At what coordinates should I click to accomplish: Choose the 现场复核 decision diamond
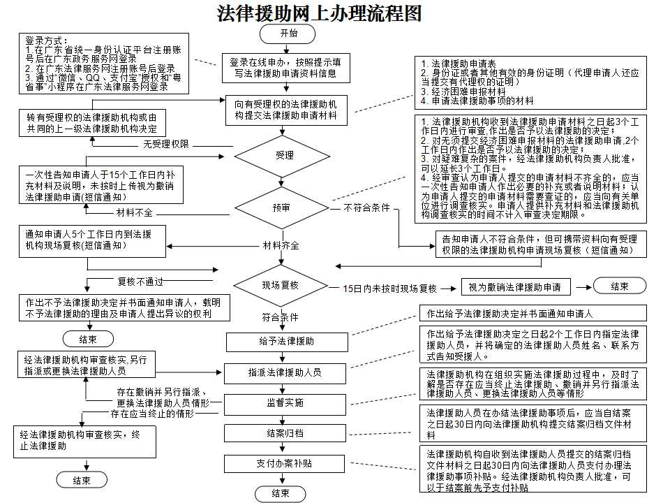click(x=281, y=285)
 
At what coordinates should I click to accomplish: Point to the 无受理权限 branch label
click(x=166, y=145)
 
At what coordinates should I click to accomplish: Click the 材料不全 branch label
click(x=134, y=212)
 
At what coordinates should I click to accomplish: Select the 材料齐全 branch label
click(x=281, y=246)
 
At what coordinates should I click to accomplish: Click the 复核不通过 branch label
click(x=140, y=282)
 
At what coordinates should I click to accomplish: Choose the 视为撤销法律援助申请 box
click(x=516, y=286)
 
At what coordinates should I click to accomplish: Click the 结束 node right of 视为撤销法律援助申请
click(x=619, y=286)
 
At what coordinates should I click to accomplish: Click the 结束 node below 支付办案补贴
click(x=281, y=493)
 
